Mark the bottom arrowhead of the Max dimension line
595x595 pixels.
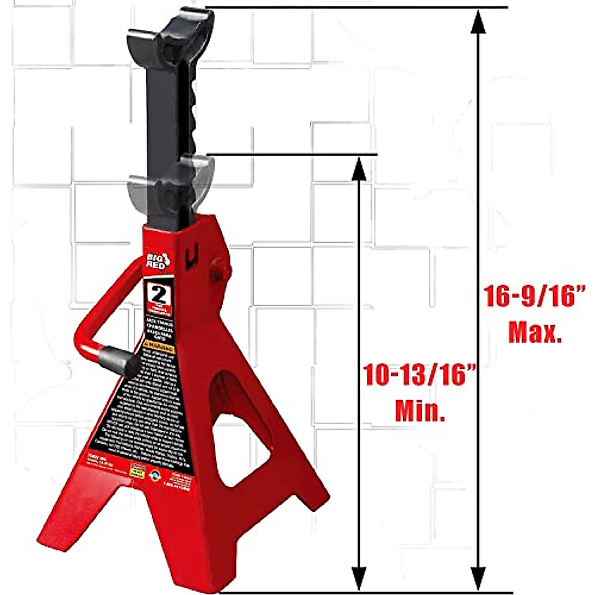click(477, 578)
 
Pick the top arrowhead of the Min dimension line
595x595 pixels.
click(358, 169)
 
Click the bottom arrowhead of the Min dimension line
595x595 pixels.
click(358, 578)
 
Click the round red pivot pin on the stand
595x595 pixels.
click(220, 271)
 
